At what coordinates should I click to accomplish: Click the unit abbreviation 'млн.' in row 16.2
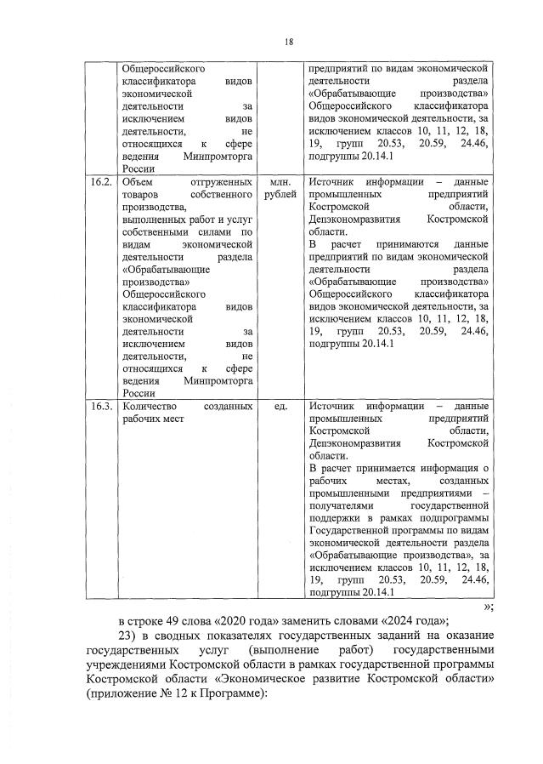[280, 182]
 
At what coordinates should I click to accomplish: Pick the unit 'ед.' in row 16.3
[280, 407]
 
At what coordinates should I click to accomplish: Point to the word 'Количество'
[150, 407]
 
